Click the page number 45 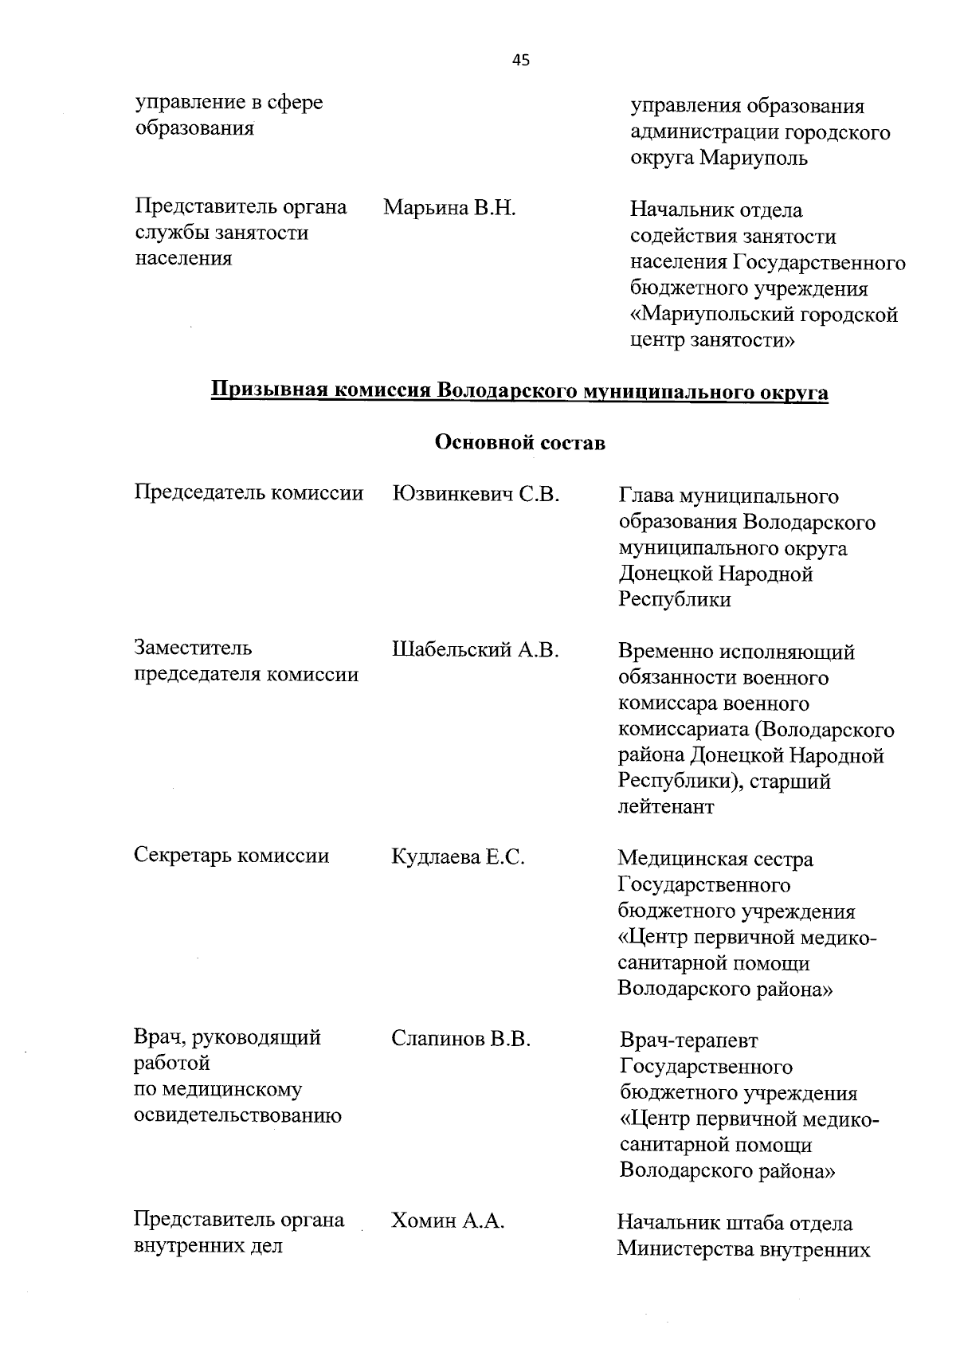[521, 60]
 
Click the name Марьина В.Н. [449, 209]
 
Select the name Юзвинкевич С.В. [476, 494]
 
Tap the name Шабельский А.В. [476, 650]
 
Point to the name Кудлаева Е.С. [457, 857]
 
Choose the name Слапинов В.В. [460, 1039]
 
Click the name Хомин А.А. [448, 1221]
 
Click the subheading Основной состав [519, 443]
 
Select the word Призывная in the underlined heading [268, 392]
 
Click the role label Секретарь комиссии [231, 856]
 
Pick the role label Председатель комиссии [249, 493]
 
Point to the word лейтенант [666, 807]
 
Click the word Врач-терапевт [689, 1040]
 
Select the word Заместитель [193, 648]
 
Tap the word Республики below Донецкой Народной [674, 600]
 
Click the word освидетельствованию [237, 1115]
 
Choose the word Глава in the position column [645, 496]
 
